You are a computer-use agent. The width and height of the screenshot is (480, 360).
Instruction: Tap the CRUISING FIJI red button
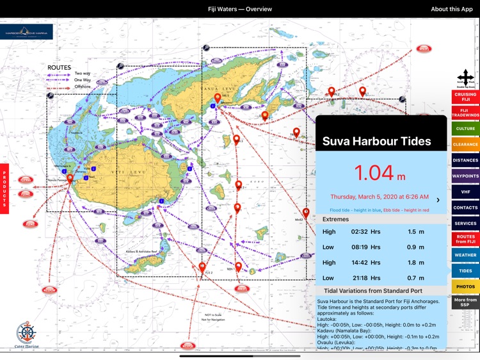coord(465,97)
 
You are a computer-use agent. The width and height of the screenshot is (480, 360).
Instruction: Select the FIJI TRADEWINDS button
coord(465,113)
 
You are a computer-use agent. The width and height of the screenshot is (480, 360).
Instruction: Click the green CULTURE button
coord(465,129)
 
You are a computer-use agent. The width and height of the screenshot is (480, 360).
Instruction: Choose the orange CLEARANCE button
coord(465,145)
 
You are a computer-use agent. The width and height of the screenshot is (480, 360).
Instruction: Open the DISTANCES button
coord(465,160)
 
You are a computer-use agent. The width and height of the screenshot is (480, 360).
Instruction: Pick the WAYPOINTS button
coord(465,176)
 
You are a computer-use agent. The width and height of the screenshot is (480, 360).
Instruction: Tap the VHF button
coord(465,192)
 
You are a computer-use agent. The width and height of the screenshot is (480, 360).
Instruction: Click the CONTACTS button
coord(465,208)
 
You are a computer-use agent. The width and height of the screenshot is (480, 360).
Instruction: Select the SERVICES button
coord(465,224)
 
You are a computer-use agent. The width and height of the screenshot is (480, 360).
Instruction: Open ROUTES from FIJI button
coord(465,239)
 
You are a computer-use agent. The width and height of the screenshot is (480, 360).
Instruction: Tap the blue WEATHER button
coord(465,255)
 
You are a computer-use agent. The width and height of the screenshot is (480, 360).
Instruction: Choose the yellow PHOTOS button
coord(465,286)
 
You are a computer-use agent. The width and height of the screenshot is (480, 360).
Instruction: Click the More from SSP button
coord(465,302)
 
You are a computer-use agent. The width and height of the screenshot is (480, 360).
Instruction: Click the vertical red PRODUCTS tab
coord(4,188)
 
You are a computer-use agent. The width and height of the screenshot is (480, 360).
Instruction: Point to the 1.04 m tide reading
coord(380,173)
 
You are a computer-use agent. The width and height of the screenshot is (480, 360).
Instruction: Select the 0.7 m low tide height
coord(416,278)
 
